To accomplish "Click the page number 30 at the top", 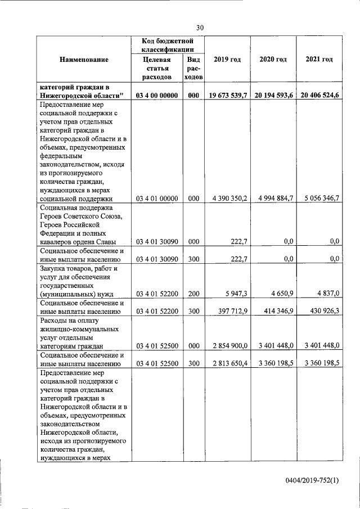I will (200, 27).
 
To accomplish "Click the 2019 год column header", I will (227, 60).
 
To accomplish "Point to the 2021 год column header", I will (319, 60).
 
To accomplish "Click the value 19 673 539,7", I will (227, 96).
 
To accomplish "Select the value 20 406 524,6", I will (319, 96).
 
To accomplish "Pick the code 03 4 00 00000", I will (157, 96).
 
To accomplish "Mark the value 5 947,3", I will (236, 293).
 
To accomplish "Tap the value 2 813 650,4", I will (227, 363).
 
